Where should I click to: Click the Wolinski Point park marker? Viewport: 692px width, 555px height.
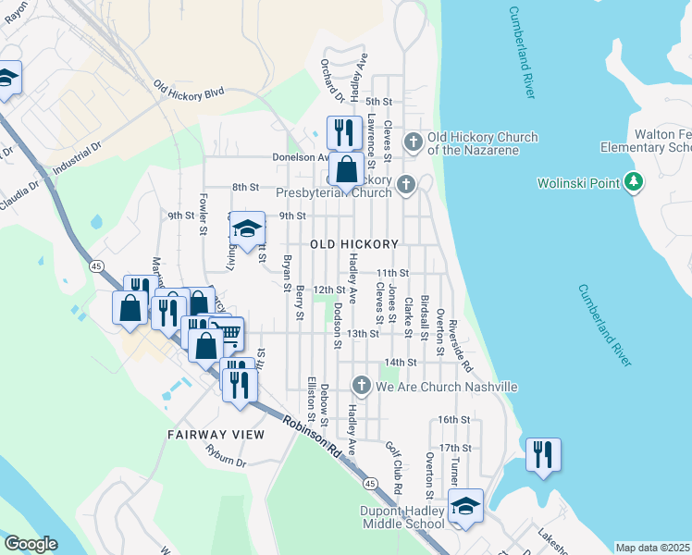pos(633,182)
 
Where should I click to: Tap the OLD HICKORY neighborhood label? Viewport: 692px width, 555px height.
pos(354,244)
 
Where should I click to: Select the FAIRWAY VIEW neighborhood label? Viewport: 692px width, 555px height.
pos(216,434)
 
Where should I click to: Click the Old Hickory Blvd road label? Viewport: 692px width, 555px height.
pos(190,88)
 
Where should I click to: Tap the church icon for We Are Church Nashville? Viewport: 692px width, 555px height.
pos(362,386)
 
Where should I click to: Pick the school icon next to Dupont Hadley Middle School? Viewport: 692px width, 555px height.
pos(465,506)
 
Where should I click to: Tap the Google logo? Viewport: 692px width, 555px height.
pos(31,544)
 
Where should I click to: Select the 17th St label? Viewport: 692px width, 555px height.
pos(455,448)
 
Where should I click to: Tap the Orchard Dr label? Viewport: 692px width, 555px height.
pos(332,81)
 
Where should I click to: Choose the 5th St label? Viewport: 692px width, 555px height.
pos(379,101)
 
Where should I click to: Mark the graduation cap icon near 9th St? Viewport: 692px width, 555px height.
pos(247,228)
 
